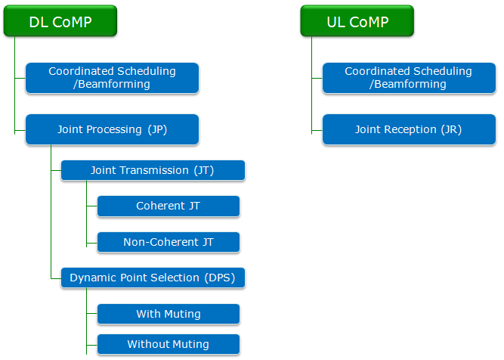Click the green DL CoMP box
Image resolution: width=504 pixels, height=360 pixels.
pos(60,20)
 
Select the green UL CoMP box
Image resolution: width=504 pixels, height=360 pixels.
pos(357,20)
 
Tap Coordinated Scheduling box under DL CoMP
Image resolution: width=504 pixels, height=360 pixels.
pos(112,78)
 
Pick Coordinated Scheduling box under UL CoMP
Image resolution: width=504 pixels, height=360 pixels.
pos(410,78)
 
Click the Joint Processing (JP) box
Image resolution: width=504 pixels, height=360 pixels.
pos(112,129)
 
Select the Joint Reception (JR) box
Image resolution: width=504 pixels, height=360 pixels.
pos(410,129)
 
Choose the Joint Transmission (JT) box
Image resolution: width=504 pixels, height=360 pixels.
pos(153,170)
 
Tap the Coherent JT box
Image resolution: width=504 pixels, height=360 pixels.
pos(169,206)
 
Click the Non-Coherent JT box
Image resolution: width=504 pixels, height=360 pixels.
pos(169,242)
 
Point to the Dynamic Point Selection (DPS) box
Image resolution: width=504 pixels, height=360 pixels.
pos(153,278)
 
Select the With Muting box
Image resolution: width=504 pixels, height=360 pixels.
pos(169,314)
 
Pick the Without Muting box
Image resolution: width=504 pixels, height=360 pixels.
pos(169,344)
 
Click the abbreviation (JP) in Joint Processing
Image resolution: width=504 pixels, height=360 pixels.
pos(157,129)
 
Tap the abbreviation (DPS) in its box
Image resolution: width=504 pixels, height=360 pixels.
pos(220,278)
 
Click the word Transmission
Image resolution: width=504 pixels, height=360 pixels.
pos(154,170)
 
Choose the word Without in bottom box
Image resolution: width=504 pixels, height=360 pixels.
pos(144,344)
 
